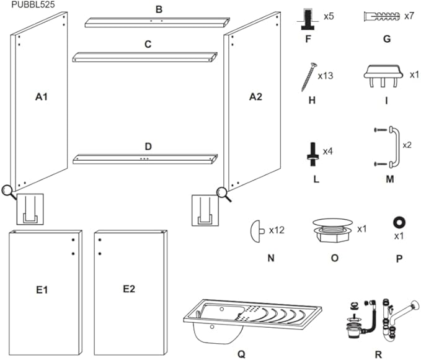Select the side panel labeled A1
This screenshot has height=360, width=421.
point(41,106)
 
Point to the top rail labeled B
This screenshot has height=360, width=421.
point(153,22)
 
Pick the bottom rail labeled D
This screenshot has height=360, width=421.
point(146,159)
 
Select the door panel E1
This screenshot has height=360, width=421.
point(43,292)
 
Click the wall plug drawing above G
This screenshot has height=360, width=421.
point(379,15)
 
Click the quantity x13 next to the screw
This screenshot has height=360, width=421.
point(326,76)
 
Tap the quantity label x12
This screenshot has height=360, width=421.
point(277,230)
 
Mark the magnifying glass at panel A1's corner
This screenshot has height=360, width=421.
point(9,191)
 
